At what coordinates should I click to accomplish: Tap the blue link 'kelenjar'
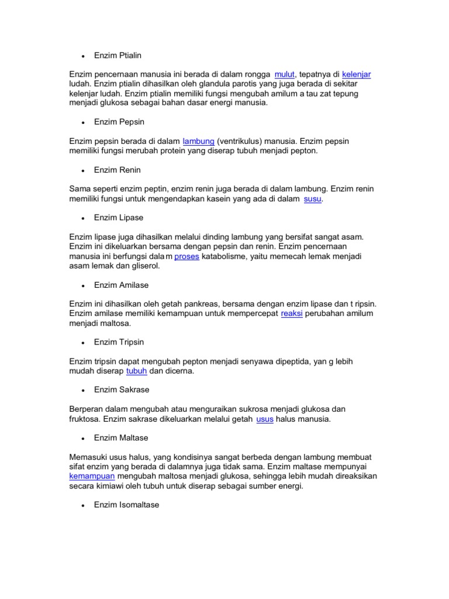356,74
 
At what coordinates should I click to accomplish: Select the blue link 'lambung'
199,141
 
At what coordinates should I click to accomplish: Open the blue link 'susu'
313,199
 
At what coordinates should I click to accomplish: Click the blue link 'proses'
186,256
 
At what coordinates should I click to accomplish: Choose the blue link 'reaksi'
291,314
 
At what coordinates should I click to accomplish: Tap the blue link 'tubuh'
136,371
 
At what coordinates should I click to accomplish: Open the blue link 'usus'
265,419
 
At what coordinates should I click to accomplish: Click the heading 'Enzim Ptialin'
118,56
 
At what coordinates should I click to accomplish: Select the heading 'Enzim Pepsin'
119,122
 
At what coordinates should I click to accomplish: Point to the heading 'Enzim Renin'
117,170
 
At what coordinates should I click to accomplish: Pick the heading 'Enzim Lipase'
118,218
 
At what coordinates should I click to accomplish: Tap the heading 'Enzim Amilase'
121,285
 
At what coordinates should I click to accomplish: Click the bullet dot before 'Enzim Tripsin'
84,343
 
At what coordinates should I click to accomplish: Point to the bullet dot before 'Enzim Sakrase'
84,390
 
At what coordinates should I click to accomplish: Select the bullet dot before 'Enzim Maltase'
84,438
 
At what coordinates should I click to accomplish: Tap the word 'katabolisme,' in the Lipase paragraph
226,256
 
